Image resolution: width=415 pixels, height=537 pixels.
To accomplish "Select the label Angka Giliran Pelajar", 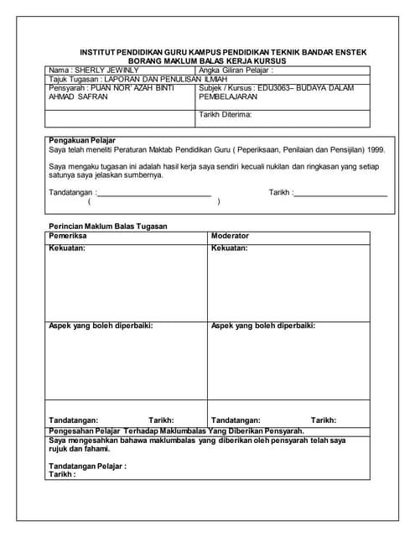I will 236,70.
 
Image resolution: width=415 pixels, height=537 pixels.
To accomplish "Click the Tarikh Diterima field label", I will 226,114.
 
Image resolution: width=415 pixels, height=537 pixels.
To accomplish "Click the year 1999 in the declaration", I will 375,149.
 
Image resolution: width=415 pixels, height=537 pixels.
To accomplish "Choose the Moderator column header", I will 231,236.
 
